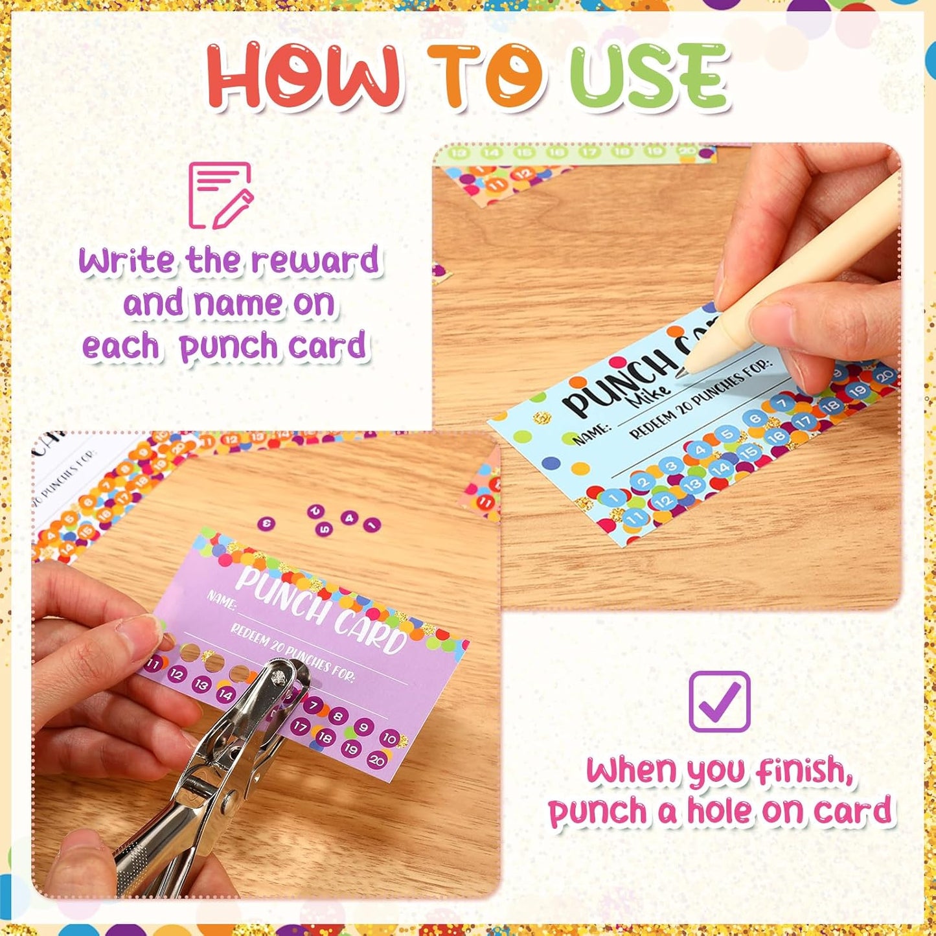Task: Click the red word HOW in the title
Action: coord(303,75)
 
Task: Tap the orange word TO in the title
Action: coord(485,75)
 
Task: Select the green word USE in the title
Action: coord(649,76)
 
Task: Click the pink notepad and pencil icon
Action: coord(220,196)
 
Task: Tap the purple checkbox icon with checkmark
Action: coord(720,702)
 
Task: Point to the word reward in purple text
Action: coord(315,260)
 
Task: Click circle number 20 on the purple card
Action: coord(376,759)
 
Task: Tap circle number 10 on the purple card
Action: coord(389,738)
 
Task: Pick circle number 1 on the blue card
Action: coord(613,497)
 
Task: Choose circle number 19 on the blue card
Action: coord(857,391)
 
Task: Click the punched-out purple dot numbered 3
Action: coord(266,523)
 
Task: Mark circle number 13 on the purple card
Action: coord(201,684)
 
